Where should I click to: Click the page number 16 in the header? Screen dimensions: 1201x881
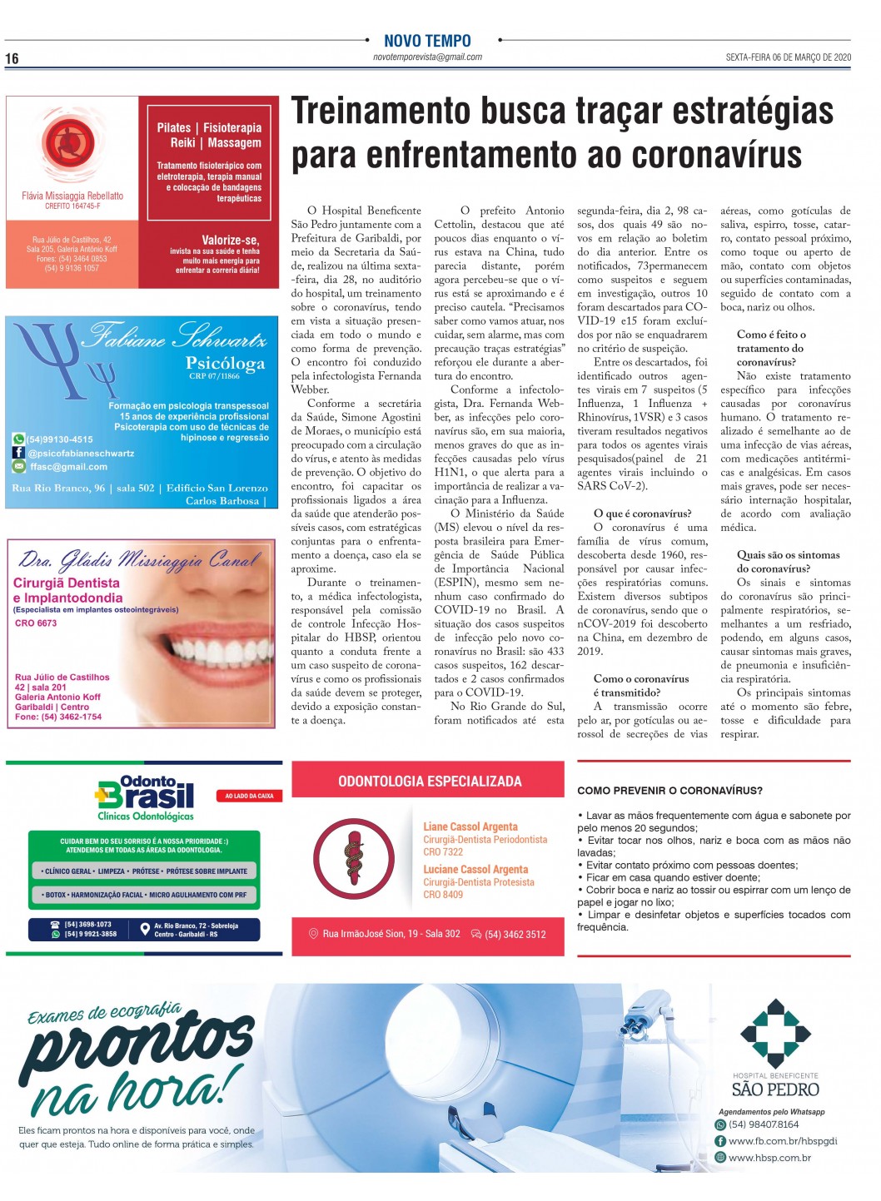click(x=12, y=58)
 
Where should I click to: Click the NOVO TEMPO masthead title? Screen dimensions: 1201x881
click(x=427, y=41)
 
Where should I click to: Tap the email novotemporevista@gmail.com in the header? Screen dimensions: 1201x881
click(x=427, y=57)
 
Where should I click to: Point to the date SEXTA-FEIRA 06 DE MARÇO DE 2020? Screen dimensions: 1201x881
click(x=788, y=57)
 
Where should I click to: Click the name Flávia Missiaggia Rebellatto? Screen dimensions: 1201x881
click(x=72, y=196)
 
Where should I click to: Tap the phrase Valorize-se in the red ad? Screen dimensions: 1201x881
click(x=230, y=240)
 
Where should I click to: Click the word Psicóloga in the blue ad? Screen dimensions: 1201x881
click(x=225, y=363)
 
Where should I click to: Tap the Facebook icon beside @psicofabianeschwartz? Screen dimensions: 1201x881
click(x=18, y=453)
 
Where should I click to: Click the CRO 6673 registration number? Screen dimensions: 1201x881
click(x=36, y=623)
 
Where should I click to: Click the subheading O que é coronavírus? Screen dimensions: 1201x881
click(x=642, y=514)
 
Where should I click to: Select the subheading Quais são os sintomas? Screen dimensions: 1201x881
click(x=788, y=555)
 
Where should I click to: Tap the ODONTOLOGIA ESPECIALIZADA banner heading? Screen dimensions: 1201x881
click(x=430, y=782)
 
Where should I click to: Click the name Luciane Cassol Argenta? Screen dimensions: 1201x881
click(x=475, y=869)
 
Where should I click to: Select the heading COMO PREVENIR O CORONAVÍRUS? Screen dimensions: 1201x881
click(x=669, y=791)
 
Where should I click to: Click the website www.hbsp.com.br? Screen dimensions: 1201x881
click(x=769, y=1158)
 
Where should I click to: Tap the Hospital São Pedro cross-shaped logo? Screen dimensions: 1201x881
click(x=775, y=1033)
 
